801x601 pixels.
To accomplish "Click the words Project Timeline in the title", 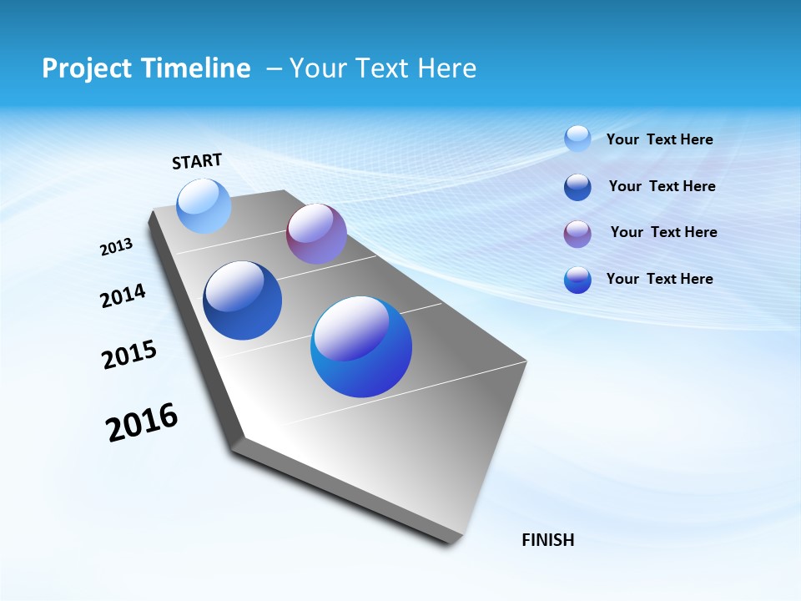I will pos(146,68).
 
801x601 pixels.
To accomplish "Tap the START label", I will pos(197,161).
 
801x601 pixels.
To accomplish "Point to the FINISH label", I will pos(548,540).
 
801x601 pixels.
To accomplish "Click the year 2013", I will pos(117,247).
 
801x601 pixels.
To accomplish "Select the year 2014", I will pos(123,295).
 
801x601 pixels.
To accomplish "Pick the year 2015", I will pos(129,355).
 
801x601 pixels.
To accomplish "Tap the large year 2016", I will pos(142,422).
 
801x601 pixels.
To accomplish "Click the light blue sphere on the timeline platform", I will pos(204,206).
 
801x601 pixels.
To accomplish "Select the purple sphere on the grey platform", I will pos(316,234).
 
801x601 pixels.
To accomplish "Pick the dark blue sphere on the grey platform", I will pos(242,300).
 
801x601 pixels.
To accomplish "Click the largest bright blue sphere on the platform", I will pos(361,346).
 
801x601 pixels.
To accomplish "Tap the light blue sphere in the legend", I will pos(577,139).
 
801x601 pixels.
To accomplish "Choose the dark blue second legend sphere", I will pos(577,187).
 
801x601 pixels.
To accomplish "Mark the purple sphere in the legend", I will pos(577,234).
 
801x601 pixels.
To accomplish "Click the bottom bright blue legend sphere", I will pos(577,280).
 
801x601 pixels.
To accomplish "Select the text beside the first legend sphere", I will pos(659,140).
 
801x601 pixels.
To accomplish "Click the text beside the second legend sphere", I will pos(662,186).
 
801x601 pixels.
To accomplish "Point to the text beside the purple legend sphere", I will pos(663,232).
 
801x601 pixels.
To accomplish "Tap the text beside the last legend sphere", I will pos(659,279).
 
